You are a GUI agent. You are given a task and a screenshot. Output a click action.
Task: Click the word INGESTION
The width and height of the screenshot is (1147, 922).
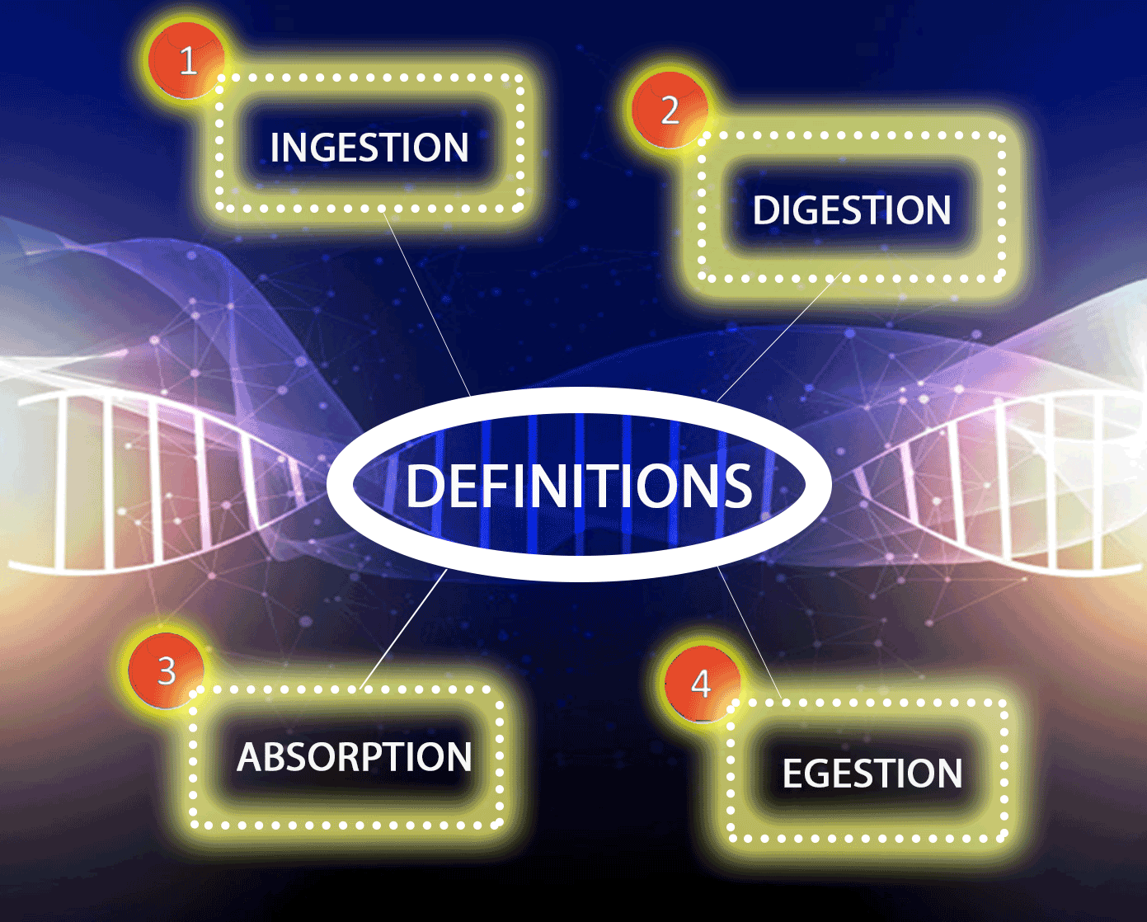coord(369,147)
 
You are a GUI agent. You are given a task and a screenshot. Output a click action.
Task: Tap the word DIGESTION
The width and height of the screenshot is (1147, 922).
coord(851,209)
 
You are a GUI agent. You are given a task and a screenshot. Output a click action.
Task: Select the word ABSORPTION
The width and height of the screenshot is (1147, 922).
coord(354,756)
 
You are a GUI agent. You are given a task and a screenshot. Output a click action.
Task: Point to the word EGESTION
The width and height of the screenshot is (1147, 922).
coord(872,773)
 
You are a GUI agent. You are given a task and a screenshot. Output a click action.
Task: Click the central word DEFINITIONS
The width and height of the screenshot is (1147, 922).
coord(579,485)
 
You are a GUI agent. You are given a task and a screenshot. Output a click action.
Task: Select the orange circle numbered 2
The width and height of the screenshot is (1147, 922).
coord(670,111)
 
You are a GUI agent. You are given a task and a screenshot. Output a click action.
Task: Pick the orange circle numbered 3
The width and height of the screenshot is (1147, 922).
coord(167,670)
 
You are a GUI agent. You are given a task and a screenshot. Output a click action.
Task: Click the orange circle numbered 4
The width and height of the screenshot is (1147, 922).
coord(703,684)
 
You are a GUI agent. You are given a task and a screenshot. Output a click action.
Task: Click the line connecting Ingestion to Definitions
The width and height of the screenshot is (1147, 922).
coord(426,303)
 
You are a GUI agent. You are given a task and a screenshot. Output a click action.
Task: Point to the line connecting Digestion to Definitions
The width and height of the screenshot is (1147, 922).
coord(778,337)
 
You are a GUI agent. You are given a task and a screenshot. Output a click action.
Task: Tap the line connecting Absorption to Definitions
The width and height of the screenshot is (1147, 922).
coord(403,628)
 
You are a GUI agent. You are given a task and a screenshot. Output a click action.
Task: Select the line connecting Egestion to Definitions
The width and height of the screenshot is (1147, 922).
coord(750,632)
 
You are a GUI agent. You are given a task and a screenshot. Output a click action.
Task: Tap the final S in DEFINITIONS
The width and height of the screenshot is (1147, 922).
coord(736,485)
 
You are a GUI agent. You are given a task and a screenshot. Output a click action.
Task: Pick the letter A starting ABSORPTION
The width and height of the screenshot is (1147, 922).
coord(250,756)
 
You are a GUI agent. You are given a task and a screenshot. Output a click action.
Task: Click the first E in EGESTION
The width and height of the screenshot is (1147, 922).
coord(792,774)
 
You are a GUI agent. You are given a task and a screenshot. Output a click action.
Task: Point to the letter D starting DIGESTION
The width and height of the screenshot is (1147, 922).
coord(765,209)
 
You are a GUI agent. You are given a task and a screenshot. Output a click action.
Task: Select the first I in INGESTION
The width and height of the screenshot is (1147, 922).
coord(275,147)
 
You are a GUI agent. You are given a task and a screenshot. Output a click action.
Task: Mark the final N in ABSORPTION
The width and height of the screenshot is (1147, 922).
coord(459,756)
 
